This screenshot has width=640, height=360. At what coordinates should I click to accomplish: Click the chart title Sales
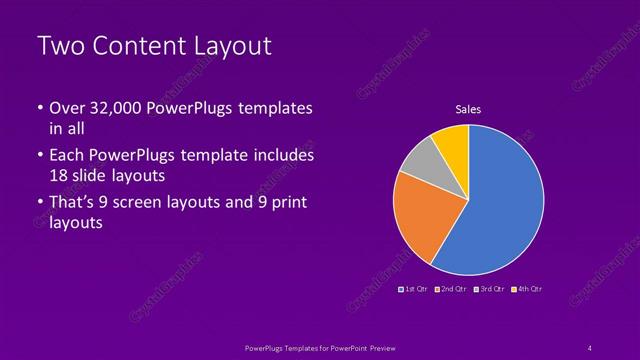point(469,108)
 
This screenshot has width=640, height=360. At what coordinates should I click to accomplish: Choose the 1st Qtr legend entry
point(414,288)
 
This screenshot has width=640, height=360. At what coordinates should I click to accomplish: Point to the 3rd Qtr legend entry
point(489,288)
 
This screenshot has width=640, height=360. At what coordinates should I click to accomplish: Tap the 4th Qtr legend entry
point(527,288)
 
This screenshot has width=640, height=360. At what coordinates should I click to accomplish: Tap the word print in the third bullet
point(288,204)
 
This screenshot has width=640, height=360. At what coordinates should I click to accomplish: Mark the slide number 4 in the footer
point(590,347)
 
